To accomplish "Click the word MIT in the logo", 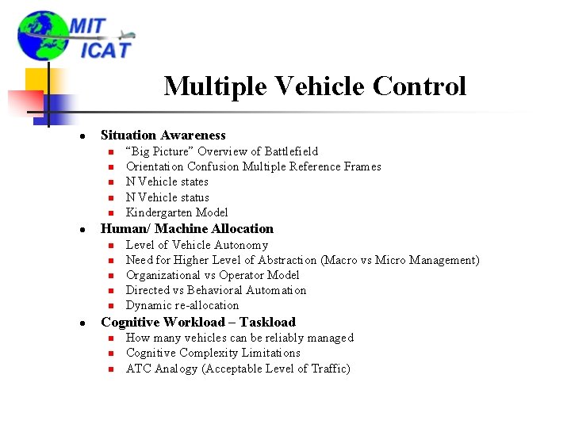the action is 87,25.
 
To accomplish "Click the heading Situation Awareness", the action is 163,136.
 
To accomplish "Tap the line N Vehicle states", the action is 167,182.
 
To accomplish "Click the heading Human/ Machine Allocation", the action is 187,228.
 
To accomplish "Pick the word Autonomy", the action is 241,245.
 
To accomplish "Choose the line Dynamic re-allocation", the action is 182,305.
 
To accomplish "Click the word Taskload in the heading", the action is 267,322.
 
